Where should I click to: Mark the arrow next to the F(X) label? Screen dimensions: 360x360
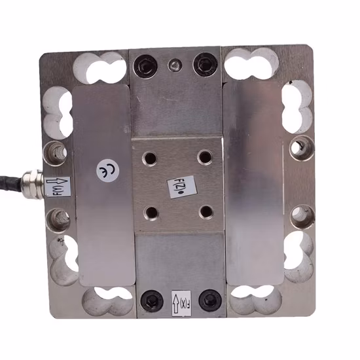coord(175,302)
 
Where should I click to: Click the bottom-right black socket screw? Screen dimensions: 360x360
coord(209,300)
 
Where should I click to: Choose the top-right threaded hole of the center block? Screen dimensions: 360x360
coord(206,157)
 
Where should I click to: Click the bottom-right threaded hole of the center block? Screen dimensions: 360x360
coord(206,211)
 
